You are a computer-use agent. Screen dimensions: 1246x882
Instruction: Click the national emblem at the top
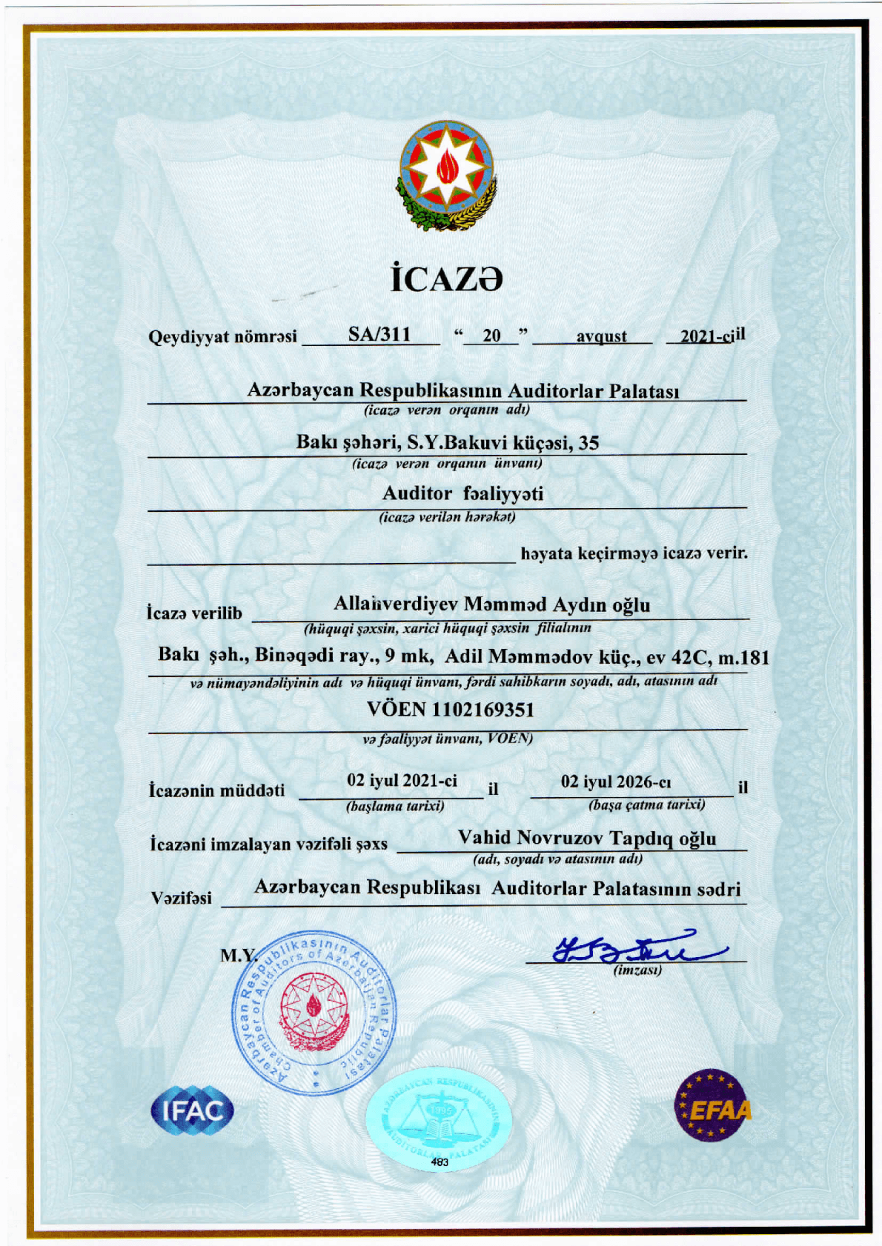[446, 178]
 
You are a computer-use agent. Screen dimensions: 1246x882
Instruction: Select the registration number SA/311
[379, 334]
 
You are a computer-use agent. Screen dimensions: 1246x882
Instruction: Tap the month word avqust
[601, 336]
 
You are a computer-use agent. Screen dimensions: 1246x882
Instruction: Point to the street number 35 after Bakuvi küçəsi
[588, 442]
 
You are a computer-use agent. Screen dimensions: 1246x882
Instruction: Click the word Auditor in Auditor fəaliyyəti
[417, 493]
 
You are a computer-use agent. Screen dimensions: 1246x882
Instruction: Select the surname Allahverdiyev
[397, 604]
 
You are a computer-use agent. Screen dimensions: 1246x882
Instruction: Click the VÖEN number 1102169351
[482, 710]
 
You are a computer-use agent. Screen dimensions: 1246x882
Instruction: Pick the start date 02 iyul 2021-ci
[402, 781]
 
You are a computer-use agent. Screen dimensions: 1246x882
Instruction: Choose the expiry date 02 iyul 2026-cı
[616, 782]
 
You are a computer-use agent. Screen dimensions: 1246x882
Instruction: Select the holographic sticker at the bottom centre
[439, 1114]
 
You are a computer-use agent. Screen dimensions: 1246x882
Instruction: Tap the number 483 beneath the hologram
[440, 1163]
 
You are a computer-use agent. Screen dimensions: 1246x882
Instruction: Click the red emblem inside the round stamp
[315, 1011]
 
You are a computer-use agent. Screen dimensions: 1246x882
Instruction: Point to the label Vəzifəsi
[181, 898]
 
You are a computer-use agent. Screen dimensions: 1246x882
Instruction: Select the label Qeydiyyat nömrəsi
[222, 337]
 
